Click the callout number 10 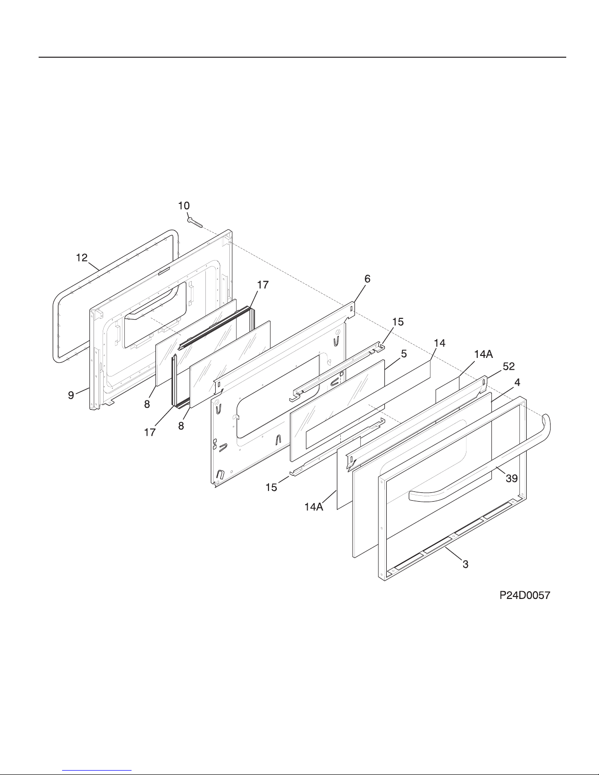(184, 206)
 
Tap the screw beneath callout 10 (195, 222)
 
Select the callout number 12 (82, 258)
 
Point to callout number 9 (71, 395)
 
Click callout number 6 (368, 279)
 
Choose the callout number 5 (403, 354)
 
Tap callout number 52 (509, 366)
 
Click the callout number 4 (517, 383)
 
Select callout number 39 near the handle (511, 478)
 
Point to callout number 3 (466, 564)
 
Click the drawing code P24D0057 (525, 595)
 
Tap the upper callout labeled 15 (398, 322)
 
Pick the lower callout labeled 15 (271, 487)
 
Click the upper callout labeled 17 (263, 285)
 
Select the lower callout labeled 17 (150, 432)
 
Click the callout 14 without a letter (440, 343)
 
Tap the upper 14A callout (484, 354)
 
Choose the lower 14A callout (314, 507)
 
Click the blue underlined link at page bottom (97, 770)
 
